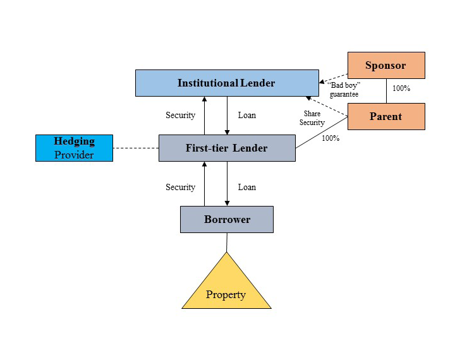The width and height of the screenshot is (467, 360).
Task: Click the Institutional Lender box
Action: [x=226, y=83]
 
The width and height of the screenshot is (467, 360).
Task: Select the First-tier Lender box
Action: [x=226, y=148]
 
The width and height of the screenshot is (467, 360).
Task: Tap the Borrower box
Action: [x=226, y=220]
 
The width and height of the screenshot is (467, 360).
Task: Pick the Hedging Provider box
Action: [x=74, y=148]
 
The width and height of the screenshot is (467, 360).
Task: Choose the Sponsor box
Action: [x=385, y=66]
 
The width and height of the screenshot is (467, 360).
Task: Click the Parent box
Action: [x=385, y=116]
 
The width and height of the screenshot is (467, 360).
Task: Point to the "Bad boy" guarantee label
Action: [x=343, y=89]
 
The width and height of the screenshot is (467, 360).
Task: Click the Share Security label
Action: [x=312, y=118]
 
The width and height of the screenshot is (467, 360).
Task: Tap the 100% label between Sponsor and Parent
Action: [x=401, y=88]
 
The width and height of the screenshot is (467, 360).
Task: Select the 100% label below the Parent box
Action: [x=331, y=138]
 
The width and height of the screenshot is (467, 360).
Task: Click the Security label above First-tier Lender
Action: [x=180, y=116]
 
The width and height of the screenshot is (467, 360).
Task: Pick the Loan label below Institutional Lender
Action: [x=247, y=116]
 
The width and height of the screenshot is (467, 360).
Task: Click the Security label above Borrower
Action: [x=180, y=187]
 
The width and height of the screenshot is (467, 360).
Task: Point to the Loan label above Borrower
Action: [x=247, y=187]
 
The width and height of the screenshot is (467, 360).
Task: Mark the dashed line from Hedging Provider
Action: [x=135, y=148]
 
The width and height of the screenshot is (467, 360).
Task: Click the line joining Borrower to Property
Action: [x=226, y=242]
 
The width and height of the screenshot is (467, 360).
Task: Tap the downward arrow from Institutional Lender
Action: [x=227, y=115]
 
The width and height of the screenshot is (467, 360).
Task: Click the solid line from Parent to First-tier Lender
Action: [x=322, y=133]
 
